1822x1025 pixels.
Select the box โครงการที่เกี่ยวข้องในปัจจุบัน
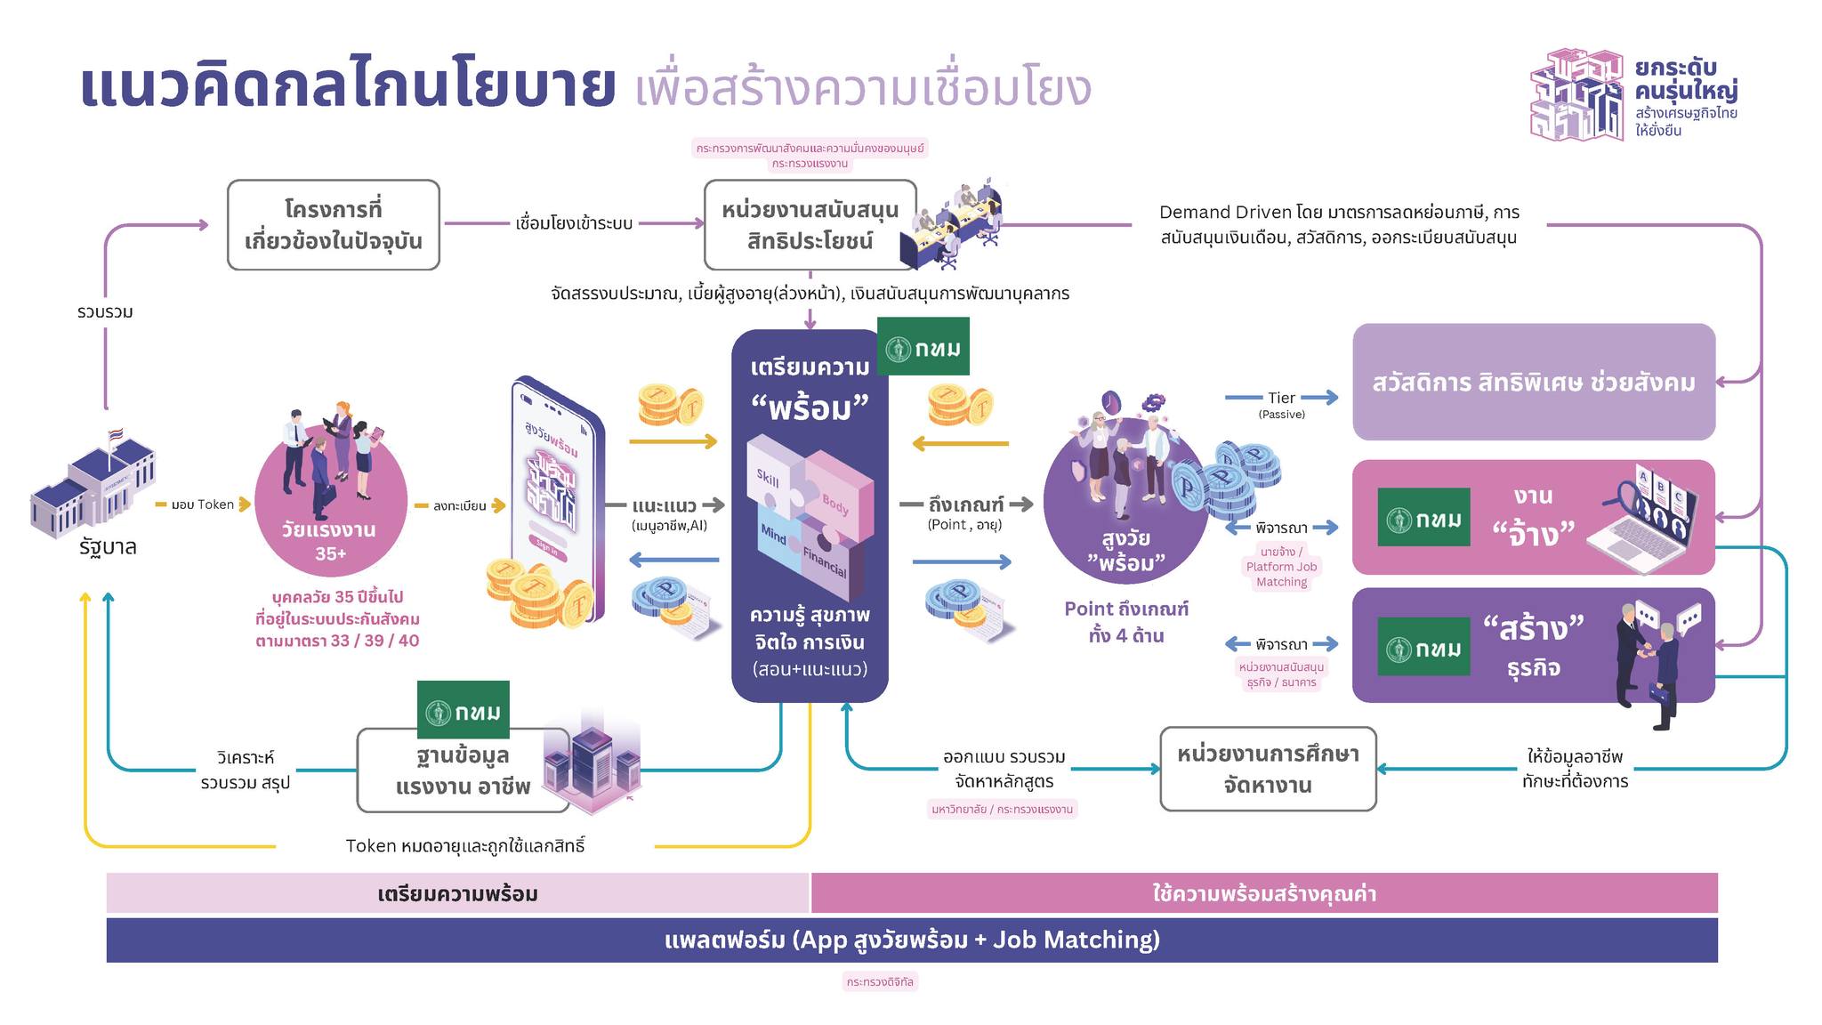(334, 225)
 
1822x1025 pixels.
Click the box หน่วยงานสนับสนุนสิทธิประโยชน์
(810, 225)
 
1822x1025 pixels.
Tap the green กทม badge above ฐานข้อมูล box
(463, 710)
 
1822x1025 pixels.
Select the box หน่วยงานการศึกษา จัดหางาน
(1268, 769)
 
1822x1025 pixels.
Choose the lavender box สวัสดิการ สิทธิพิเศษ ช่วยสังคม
(1534, 382)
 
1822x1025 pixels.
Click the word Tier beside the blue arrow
(1281, 398)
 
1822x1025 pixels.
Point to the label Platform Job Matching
(1281, 567)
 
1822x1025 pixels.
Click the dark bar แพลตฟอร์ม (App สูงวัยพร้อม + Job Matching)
(912, 940)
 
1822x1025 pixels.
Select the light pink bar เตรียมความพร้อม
(457, 893)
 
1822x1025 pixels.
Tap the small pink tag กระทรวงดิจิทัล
(880, 981)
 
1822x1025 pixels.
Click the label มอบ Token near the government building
(203, 504)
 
